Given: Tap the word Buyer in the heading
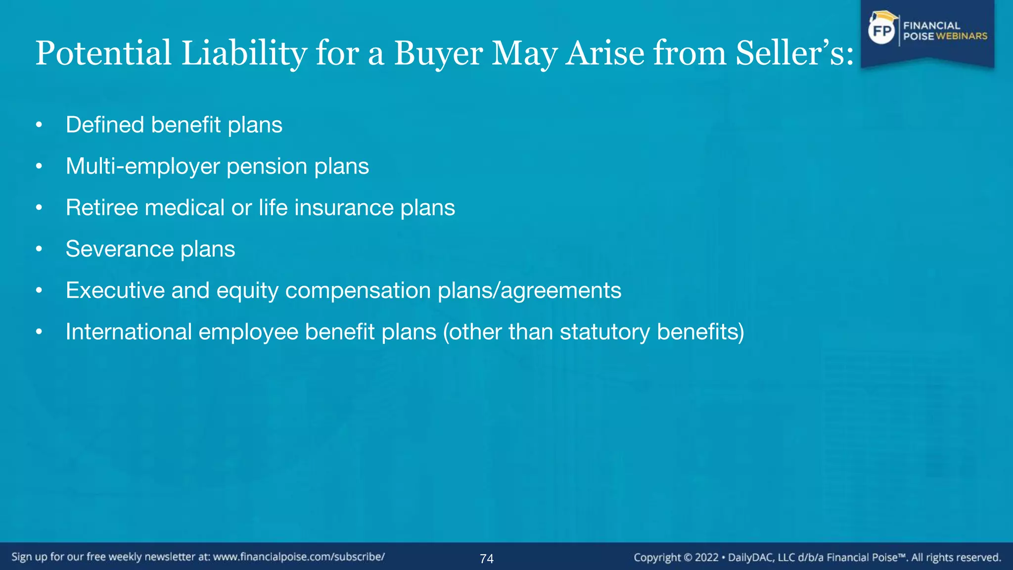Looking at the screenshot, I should (x=438, y=53).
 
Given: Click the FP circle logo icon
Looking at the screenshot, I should (x=882, y=31).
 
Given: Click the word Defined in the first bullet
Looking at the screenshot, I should (x=105, y=125).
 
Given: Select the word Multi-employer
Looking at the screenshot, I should (x=142, y=166).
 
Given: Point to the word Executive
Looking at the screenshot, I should (x=115, y=290).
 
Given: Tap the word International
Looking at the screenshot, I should (x=129, y=332).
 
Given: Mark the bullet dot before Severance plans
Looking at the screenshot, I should (x=39, y=249).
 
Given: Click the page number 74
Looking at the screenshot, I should (x=487, y=559).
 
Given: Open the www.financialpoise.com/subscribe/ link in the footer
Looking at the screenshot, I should (x=299, y=557).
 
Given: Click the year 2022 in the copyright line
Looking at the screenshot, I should (x=706, y=558).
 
